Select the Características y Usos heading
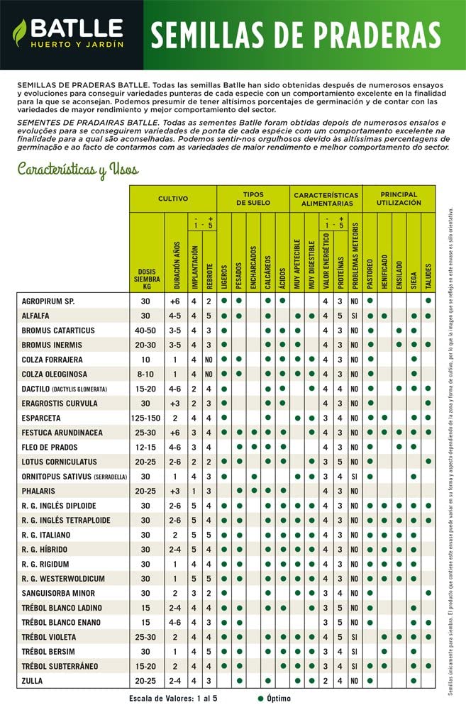pyautogui.click(x=78, y=170)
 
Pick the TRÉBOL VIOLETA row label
pyautogui.click(x=52, y=637)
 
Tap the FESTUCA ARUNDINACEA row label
pyautogui.click(x=62, y=433)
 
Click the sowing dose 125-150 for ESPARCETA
pyautogui.click(x=145, y=418)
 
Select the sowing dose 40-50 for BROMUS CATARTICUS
pyautogui.click(x=145, y=331)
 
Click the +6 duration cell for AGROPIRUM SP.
pyautogui.click(x=174, y=301)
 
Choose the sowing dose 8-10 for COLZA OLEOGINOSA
pyautogui.click(x=145, y=374)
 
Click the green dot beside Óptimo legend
pyautogui.click(x=260, y=697)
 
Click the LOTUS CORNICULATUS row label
pyautogui.click(x=58, y=462)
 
